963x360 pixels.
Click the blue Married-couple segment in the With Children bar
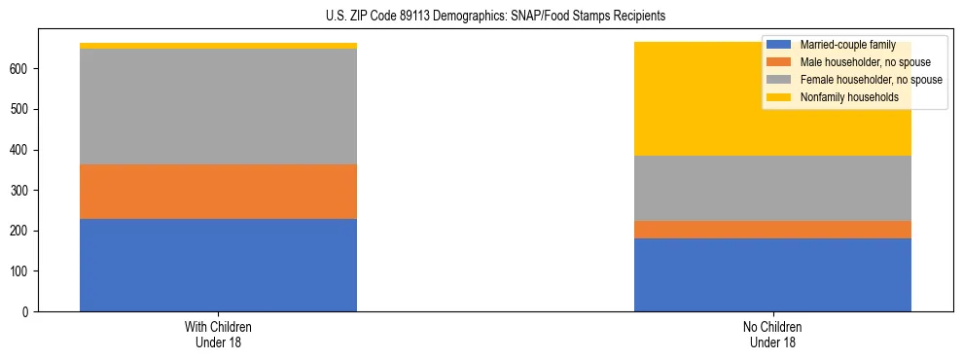coord(218,265)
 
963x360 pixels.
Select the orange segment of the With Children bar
coord(218,192)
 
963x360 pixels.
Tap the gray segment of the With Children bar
coord(218,106)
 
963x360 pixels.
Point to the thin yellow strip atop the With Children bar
coord(218,46)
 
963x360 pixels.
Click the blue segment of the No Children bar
coord(772,274)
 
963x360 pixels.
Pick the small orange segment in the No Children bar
coord(772,230)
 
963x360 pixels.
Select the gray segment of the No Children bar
coord(772,188)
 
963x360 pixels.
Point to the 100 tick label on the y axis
coord(22,271)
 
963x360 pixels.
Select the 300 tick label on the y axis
coord(22,191)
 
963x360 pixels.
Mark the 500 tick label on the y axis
coord(22,109)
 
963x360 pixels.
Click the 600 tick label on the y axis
coord(22,69)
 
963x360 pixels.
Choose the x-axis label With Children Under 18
coord(218,334)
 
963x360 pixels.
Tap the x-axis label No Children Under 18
coord(772,334)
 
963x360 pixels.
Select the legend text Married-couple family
coord(847,45)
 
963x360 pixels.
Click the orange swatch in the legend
coord(779,62)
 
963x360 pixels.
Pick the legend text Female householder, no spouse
coord(871,80)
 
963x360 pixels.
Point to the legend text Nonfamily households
coord(849,97)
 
